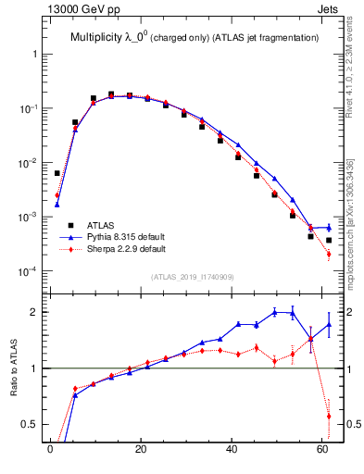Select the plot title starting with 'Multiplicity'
pyautogui.click(x=195, y=37)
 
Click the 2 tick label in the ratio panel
pyautogui.click(x=34, y=312)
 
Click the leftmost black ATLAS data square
pyautogui.click(x=56, y=173)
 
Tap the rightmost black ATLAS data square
pyautogui.click(x=329, y=240)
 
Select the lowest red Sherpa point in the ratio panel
pyautogui.click(x=329, y=417)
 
